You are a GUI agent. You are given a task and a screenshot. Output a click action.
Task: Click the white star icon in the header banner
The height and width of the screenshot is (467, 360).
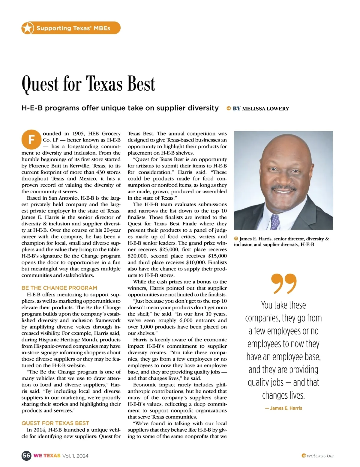(x=27, y=28)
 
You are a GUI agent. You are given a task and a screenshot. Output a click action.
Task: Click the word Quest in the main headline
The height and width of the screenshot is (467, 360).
(x=40, y=84)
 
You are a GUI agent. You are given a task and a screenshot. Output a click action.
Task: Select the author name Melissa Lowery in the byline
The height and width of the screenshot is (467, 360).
(x=265, y=109)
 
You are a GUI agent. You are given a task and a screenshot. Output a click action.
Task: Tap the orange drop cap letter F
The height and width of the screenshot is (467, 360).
(x=31, y=140)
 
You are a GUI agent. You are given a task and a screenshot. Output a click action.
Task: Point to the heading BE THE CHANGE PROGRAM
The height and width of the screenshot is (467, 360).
(x=59, y=288)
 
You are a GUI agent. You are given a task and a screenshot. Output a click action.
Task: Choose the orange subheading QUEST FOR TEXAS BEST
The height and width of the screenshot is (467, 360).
(x=55, y=423)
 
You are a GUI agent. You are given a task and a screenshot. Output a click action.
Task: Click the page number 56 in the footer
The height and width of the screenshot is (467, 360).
(x=26, y=456)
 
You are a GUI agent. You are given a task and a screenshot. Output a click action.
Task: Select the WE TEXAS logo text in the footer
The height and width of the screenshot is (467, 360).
(x=47, y=456)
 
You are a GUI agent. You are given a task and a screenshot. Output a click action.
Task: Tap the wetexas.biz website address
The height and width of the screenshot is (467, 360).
(x=320, y=456)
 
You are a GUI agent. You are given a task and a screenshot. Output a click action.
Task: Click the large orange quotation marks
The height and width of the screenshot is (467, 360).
(x=283, y=283)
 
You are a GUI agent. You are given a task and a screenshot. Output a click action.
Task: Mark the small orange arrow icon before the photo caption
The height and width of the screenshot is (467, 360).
(x=236, y=239)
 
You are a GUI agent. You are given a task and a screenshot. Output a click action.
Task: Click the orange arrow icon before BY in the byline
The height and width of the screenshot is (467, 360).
(x=229, y=109)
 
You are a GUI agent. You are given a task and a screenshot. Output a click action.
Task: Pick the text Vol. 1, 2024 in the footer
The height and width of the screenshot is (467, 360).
(x=75, y=456)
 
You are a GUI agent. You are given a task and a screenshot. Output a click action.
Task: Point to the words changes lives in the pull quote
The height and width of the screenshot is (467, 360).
(x=283, y=395)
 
